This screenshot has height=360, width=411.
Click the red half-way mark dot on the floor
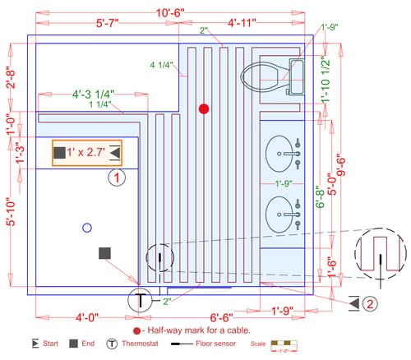(204, 108)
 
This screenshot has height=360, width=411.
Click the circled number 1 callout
(118, 177)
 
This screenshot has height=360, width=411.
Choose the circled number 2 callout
(371, 303)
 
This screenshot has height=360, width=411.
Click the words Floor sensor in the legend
(213, 343)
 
